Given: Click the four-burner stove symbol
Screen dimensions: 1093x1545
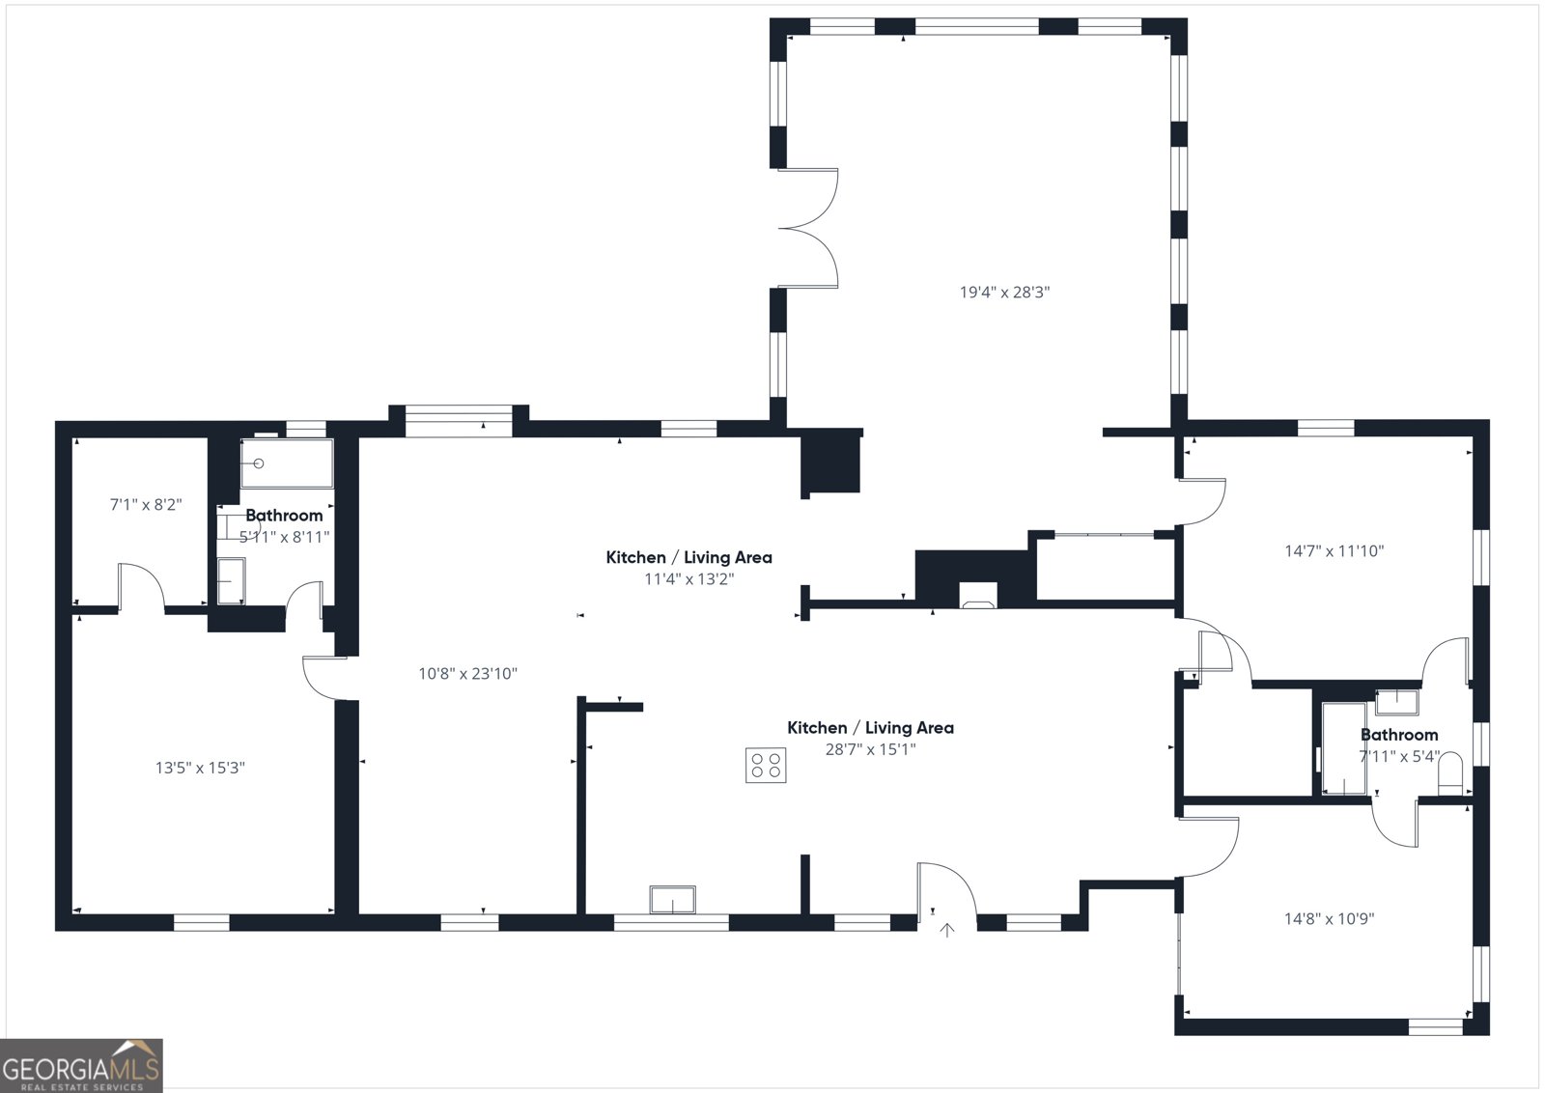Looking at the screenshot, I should click(x=766, y=765).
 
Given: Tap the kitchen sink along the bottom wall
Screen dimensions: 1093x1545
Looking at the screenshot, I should click(x=672, y=900).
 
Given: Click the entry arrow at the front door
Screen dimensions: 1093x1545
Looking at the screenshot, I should click(x=948, y=930).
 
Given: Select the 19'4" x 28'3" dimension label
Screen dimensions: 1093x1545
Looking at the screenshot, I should click(x=1004, y=292).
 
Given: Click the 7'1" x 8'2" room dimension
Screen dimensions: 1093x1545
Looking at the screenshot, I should click(x=146, y=504).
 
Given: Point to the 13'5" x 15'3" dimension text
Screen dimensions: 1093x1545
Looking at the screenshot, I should click(x=200, y=768).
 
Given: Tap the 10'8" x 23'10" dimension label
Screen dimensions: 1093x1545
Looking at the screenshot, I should click(x=467, y=673).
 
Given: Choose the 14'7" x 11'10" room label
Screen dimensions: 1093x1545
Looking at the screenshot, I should click(x=1334, y=551).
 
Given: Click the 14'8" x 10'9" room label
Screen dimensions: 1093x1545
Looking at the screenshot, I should click(x=1329, y=918).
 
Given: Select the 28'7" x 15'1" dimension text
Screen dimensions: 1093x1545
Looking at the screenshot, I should click(x=870, y=748).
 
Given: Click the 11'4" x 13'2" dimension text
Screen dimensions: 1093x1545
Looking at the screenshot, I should click(x=688, y=579).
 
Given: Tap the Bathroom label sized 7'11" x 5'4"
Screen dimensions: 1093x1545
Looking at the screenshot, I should click(x=1398, y=735).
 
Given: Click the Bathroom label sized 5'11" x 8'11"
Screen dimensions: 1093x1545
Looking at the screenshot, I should click(x=284, y=516).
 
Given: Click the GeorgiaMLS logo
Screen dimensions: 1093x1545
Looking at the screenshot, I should click(x=81, y=1065).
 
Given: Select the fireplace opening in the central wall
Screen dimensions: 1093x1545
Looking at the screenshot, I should click(x=977, y=597).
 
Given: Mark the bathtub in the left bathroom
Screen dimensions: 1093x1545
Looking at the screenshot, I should click(x=287, y=463).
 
